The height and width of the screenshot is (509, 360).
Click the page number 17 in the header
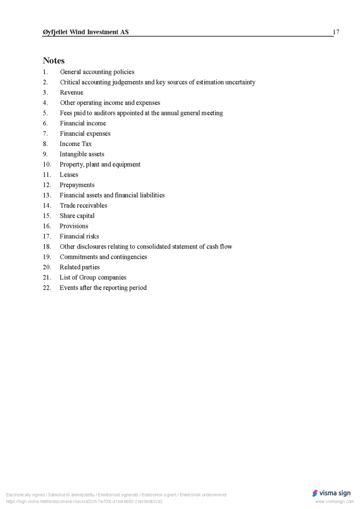336,32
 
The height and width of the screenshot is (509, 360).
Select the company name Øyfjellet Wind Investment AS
86,32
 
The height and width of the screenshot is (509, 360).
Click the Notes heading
54,61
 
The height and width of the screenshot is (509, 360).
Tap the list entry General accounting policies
97,72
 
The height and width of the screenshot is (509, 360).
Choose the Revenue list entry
72,92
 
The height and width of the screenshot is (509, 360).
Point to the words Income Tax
76,144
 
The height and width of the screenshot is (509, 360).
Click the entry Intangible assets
82,154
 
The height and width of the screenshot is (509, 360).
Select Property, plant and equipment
100,165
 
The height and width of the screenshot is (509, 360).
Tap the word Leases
69,175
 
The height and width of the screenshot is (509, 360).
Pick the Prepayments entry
77,185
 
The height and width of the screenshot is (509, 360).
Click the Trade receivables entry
84,206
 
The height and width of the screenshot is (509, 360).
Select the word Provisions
74,226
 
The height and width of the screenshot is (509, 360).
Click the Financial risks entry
79,237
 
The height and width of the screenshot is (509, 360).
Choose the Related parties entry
80,267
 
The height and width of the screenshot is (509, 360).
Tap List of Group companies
93,278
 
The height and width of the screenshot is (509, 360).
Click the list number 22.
47,288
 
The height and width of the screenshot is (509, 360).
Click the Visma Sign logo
331,493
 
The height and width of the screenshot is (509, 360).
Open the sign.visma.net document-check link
85,502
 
